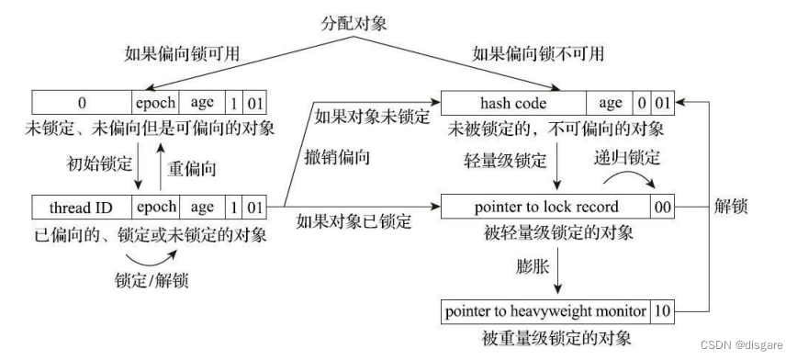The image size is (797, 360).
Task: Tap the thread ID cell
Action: tap(81, 207)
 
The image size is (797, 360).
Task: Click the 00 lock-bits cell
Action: tap(662, 207)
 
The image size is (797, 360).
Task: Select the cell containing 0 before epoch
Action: tap(81, 103)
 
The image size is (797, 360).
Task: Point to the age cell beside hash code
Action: tap(610, 103)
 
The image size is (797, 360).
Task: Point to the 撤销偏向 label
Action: tap(337, 157)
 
